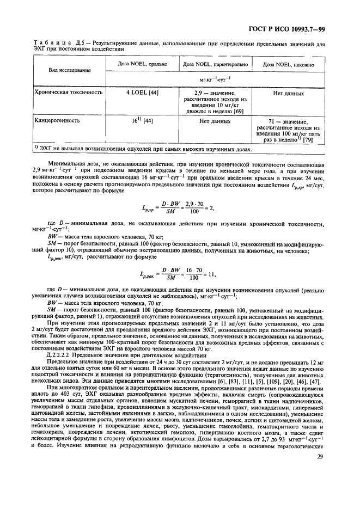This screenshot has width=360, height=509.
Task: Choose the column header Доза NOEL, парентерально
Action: [x=215, y=64]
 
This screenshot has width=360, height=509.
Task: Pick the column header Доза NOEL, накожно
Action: [x=289, y=64]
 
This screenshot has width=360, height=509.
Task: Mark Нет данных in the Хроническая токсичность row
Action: [x=289, y=93]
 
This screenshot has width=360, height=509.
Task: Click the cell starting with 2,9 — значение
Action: [x=215, y=102]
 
